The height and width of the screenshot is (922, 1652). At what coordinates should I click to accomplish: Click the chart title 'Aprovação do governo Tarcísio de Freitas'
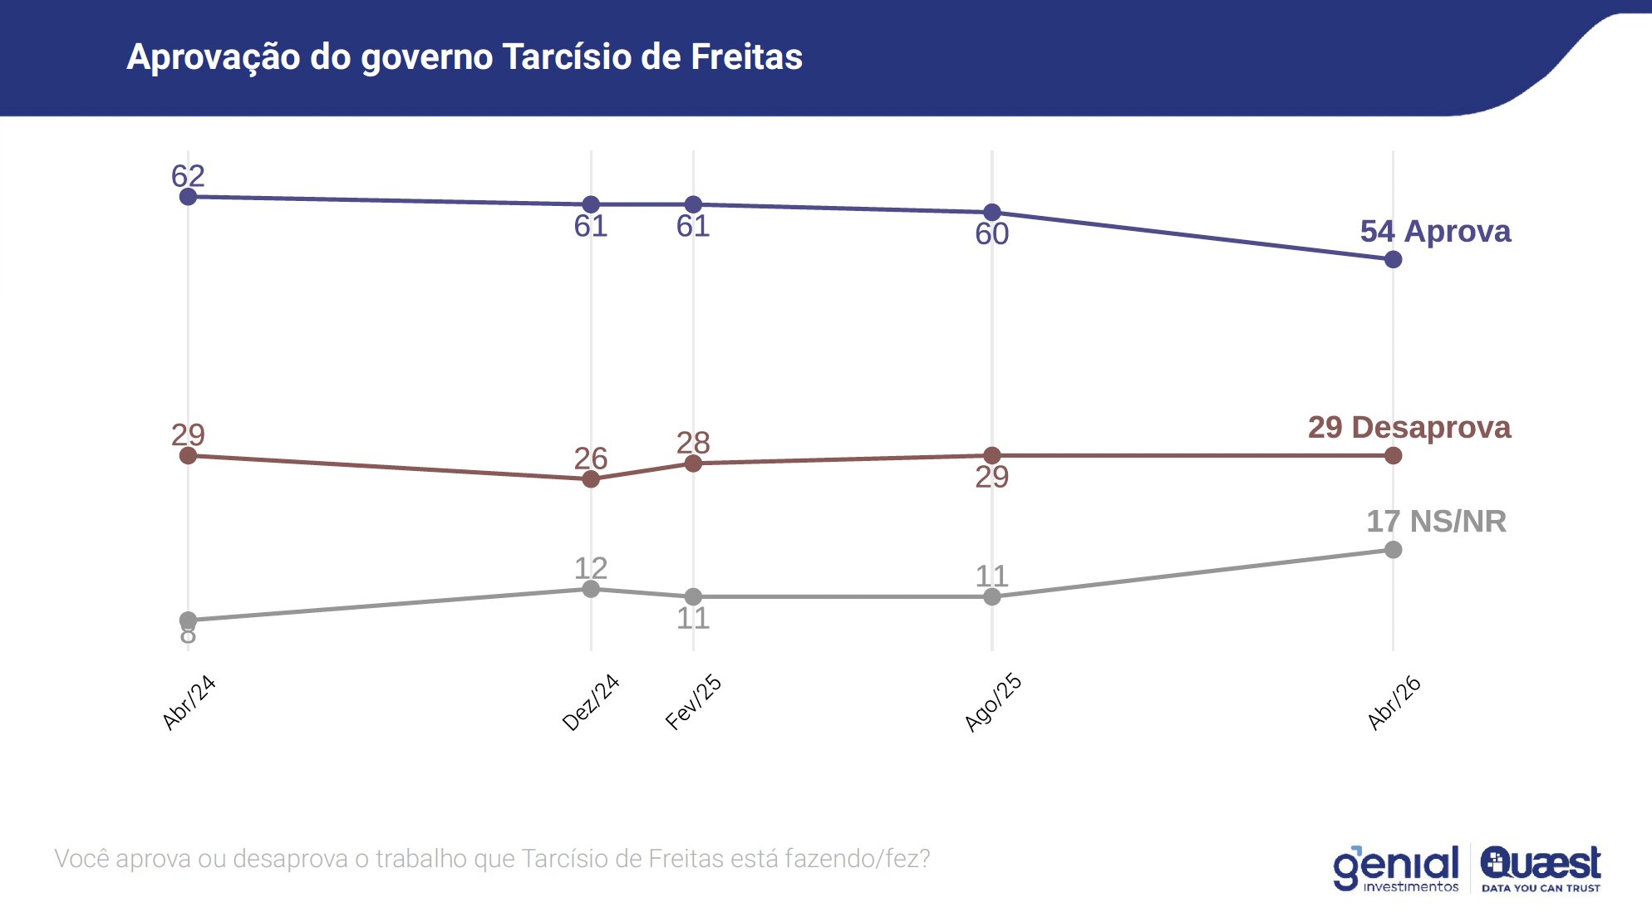(465, 57)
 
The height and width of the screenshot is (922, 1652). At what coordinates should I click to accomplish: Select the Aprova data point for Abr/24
(189, 197)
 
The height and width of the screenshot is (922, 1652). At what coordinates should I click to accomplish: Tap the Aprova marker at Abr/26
(1394, 260)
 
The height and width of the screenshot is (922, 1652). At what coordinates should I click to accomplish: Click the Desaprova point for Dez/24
(591, 479)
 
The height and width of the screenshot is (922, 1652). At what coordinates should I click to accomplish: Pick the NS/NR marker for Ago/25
(992, 597)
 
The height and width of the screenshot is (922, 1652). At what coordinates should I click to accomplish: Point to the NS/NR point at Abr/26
(1394, 550)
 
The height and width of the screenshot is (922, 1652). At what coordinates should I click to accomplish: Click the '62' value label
(188, 176)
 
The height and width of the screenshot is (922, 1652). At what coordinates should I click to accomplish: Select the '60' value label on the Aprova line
(992, 234)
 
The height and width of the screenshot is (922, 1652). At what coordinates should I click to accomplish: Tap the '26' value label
(591, 459)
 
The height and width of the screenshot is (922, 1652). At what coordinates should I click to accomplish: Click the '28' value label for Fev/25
(693, 443)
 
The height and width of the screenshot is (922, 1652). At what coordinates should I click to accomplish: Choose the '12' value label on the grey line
(591, 568)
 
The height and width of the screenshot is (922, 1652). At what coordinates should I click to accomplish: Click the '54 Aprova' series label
(1435, 231)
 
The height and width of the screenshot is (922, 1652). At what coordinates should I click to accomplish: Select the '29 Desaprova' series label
(1409, 427)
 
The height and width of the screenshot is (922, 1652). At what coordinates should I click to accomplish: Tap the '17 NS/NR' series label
(1436, 522)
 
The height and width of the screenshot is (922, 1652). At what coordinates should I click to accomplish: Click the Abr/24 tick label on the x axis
(189, 703)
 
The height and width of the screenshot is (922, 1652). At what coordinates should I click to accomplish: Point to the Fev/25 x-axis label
(694, 703)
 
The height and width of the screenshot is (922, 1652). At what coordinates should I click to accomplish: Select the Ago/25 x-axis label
(993, 703)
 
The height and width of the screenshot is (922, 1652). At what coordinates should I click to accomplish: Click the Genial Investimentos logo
(1396, 869)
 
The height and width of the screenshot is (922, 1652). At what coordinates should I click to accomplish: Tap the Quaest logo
(1541, 869)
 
